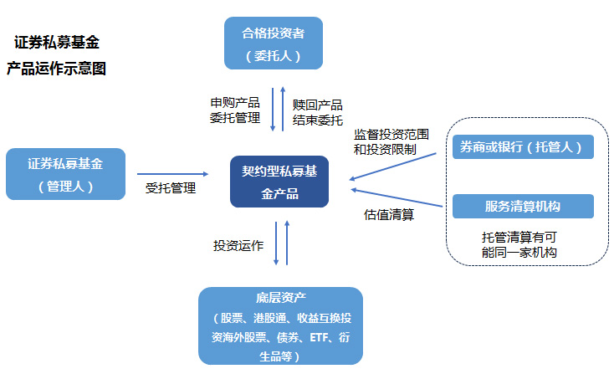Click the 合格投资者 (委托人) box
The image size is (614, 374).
[274, 44]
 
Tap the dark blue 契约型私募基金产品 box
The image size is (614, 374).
[279, 182]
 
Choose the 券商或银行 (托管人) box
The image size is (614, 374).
[522, 147]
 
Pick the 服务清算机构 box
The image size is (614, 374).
[522, 206]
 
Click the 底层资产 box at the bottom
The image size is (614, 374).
[280, 325]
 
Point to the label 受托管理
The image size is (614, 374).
[171, 188]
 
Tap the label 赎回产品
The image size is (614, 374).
[317, 105]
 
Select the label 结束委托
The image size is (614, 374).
[317, 119]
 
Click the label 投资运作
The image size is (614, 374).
[238, 246]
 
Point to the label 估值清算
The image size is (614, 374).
[389, 213]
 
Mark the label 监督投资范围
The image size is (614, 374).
[391, 134]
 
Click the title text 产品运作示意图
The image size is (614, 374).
[56, 69]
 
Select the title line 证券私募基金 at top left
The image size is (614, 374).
[57, 42]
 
